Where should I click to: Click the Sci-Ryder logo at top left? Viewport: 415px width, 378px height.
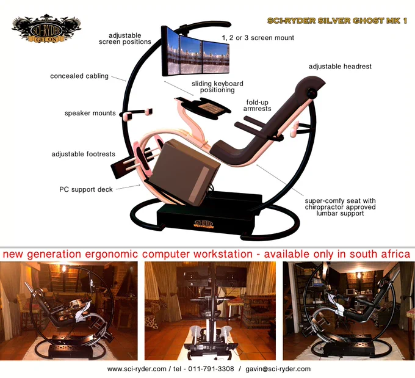tap(46, 29)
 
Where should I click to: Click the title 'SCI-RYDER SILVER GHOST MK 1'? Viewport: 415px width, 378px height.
tap(337, 21)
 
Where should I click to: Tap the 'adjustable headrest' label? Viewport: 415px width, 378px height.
tap(340, 67)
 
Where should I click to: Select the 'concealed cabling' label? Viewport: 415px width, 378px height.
tap(79, 76)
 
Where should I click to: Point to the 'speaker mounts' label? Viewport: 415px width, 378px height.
tap(90, 114)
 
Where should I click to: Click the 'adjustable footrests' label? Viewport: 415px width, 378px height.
tap(83, 154)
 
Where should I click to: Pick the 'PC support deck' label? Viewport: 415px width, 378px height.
tap(86, 190)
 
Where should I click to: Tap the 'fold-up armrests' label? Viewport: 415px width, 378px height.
tap(258, 106)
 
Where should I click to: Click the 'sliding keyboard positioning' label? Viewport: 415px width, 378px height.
tap(217, 87)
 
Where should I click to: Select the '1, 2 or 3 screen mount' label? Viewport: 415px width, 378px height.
tap(258, 38)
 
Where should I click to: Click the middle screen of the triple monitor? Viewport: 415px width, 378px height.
tap(191, 54)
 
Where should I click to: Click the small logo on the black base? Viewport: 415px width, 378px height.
tap(203, 224)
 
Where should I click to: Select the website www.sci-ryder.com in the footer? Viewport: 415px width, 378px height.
tap(137, 369)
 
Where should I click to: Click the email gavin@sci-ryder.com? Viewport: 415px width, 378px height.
tap(278, 369)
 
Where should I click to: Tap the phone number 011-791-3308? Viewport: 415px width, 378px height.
tap(211, 369)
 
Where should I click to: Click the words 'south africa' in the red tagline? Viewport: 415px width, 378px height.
tap(380, 254)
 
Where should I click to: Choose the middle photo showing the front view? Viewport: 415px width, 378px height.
tap(210, 311)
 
